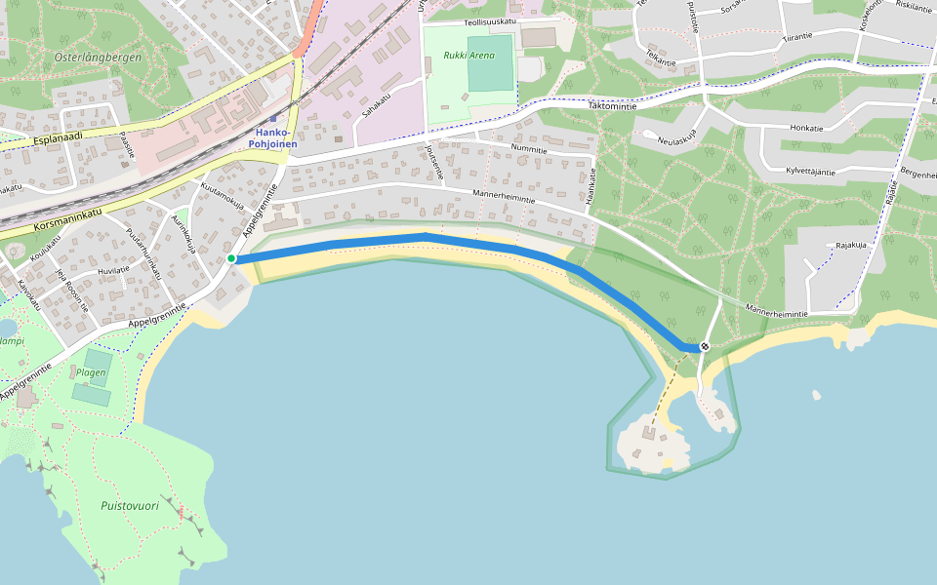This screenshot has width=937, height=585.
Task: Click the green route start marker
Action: (x=231, y=258)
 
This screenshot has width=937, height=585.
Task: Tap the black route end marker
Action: (x=705, y=346)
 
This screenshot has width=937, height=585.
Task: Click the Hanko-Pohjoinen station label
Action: (x=272, y=137)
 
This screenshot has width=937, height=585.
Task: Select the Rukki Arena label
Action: (x=468, y=56)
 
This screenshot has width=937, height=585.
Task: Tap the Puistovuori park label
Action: (x=130, y=506)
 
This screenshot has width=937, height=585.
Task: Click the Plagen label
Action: (x=91, y=372)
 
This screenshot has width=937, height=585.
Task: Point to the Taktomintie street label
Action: (x=612, y=105)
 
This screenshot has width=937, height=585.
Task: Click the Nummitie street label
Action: (x=529, y=148)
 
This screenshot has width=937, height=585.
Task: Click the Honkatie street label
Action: (x=807, y=128)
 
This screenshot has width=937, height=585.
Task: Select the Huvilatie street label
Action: (x=113, y=270)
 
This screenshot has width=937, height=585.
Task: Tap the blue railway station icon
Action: (x=273, y=119)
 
